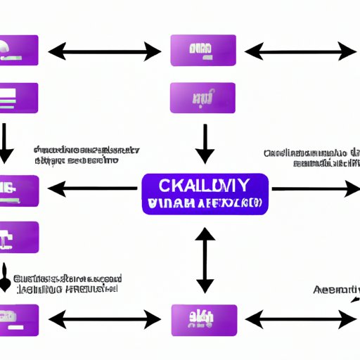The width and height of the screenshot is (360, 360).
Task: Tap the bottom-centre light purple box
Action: click(204, 320)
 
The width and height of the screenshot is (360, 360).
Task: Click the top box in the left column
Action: click(20, 51)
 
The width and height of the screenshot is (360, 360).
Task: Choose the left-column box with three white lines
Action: click(20, 98)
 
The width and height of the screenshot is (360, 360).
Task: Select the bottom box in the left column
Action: click(20, 320)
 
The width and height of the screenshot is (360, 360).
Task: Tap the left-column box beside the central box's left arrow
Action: click(20, 188)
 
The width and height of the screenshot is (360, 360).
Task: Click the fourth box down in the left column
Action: click(20, 237)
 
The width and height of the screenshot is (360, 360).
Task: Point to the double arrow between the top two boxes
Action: click(104, 51)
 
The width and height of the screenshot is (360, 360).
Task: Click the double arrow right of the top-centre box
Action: click(300, 51)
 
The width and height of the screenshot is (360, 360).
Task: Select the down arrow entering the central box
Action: click(204, 144)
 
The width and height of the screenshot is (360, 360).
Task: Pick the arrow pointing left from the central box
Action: click(92, 188)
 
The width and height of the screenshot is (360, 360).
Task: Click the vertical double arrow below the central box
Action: click(204, 259)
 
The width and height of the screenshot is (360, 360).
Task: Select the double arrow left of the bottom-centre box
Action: click(104, 320)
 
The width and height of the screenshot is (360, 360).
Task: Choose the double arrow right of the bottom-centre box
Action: click(300, 320)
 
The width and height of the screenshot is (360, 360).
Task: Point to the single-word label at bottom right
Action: click(336, 289)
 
